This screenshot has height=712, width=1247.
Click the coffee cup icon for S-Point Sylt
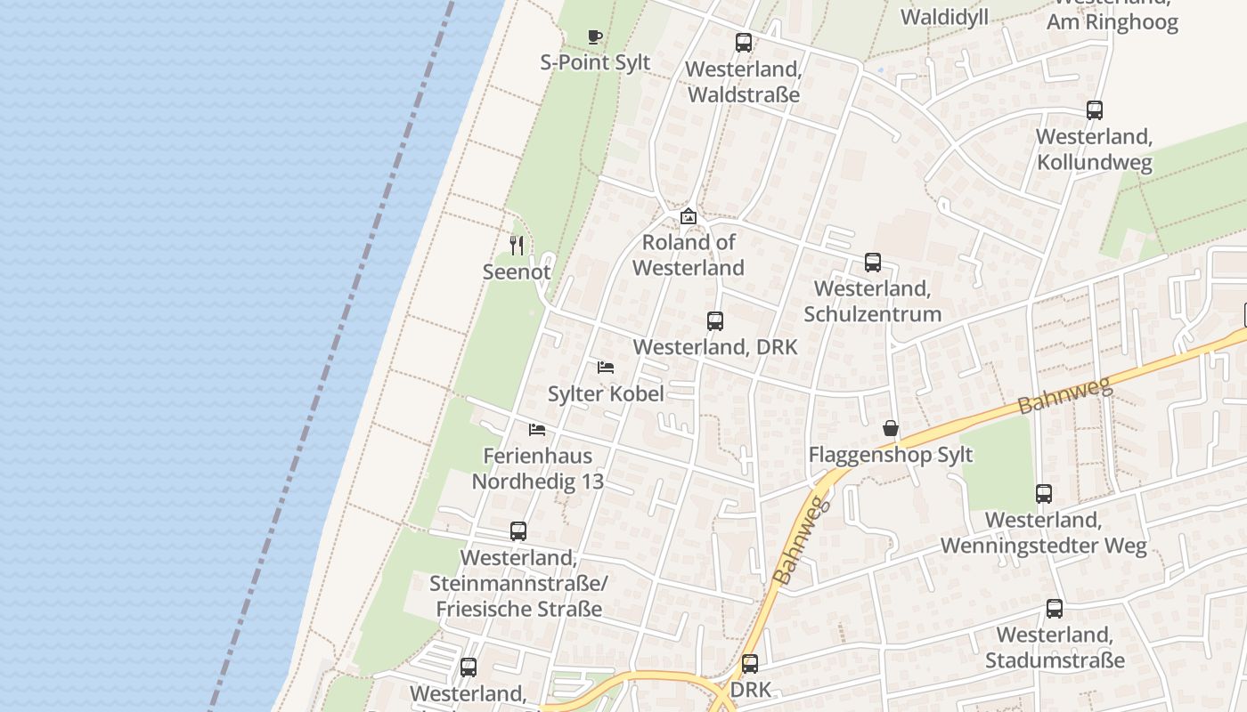pyautogui.click(x=595, y=36)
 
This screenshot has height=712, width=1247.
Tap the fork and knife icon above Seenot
pyautogui.click(x=517, y=245)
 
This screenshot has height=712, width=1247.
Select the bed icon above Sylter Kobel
pyautogui.click(x=606, y=367)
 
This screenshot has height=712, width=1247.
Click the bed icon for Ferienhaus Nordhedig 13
pyautogui.click(x=537, y=429)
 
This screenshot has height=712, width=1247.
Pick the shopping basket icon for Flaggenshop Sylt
pyautogui.click(x=891, y=429)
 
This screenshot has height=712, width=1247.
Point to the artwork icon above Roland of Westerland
pyautogui.click(x=689, y=216)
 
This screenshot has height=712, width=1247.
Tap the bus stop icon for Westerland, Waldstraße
pyautogui.click(x=744, y=42)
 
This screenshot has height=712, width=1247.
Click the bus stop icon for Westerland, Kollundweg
pyautogui.click(x=1095, y=110)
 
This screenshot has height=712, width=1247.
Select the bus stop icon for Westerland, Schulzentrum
pyautogui.click(x=873, y=263)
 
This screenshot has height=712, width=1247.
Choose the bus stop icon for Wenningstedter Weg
pyautogui.click(x=1044, y=493)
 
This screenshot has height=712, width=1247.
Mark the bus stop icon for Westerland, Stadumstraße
pyautogui.click(x=1055, y=609)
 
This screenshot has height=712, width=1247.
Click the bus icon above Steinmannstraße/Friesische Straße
pyautogui.click(x=518, y=531)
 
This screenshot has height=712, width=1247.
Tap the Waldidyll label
pyautogui.click(x=944, y=18)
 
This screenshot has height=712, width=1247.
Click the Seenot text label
pyautogui.click(x=517, y=271)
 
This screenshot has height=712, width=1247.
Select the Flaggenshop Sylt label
pyautogui.click(x=891, y=455)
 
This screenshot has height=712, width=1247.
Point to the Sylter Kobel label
pyautogui.click(x=606, y=393)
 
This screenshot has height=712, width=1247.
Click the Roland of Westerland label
pyautogui.click(x=689, y=255)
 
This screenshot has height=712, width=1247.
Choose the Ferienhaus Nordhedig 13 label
pyautogui.click(x=537, y=468)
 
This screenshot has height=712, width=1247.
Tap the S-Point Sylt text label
pyautogui.click(x=595, y=62)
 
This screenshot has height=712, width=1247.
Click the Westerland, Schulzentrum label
pyautogui.click(x=873, y=301)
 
